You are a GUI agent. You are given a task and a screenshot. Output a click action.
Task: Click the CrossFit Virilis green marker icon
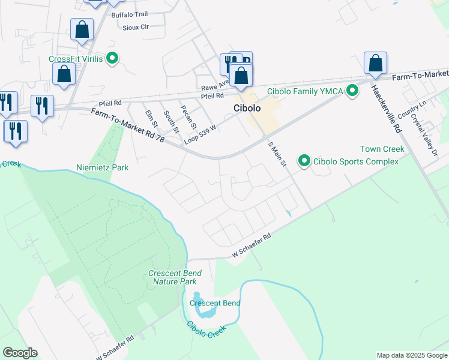coord(112,59)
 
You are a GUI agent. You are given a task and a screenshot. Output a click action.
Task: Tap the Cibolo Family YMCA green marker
coord(353,91)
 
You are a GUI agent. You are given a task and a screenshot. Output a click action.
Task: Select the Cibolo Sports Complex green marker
coord(305,161)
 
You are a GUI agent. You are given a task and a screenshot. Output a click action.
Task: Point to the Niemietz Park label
coord(103,168)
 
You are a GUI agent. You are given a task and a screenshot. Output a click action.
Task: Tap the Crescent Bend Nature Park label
coord(175,277)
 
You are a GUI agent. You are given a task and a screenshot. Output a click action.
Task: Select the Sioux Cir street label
coord(135,27)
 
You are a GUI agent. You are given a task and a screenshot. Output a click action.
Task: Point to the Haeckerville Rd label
coord(386,109)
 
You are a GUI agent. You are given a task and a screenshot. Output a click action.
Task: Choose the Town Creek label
coord(382,149)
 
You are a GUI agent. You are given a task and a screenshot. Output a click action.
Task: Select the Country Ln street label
coord(411,109)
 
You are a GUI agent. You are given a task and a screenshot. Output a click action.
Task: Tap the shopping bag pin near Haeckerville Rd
coord(375,63)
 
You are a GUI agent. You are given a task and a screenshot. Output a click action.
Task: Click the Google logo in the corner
coord(20,353)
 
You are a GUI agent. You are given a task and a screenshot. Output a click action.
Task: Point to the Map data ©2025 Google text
coord(412,356)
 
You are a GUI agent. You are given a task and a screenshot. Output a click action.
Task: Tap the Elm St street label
coord(151,118)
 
